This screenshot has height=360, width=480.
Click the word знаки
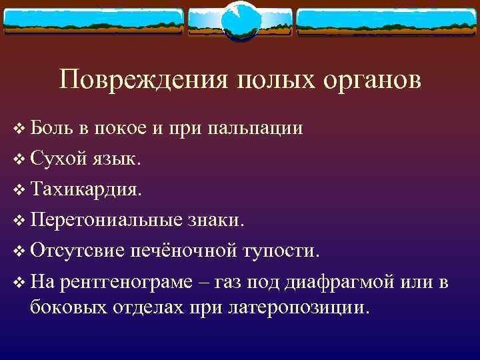pyautogui.click(x=222, y=221)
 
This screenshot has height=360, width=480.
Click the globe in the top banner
pyautogui.click(x=239, y=19)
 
